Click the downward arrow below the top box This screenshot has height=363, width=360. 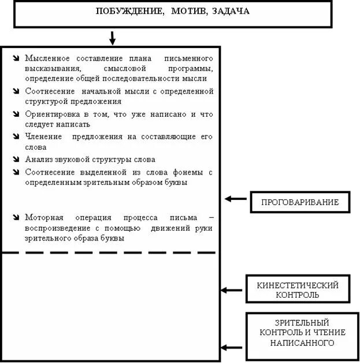113,38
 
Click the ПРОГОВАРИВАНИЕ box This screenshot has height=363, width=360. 300,202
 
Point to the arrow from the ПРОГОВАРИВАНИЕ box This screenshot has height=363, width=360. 235,199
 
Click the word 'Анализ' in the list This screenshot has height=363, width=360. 39,159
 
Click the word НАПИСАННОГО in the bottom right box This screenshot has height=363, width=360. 302,343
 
